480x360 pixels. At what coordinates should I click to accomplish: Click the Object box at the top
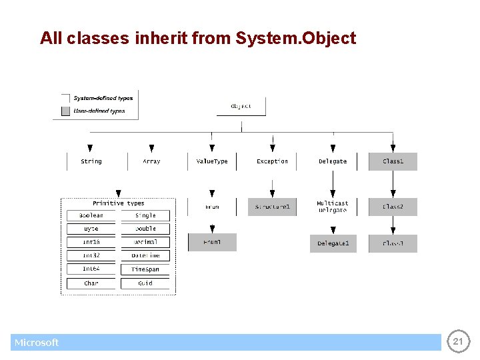click(241, 107)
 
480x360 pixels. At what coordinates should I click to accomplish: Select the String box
click(91, 161)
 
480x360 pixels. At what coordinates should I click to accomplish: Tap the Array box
click(151, 161)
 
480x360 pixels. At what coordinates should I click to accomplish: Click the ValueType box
click(212, 161)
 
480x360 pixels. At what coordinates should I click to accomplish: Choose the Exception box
click(272, 161)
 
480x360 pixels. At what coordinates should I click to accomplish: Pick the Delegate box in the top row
click(332, 161)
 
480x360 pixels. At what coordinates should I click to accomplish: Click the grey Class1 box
click(393, 161)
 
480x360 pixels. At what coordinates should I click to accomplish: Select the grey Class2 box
click(393, 207)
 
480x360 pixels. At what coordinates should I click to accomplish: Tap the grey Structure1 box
click(272, 207)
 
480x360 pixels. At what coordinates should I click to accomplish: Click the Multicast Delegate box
click(332, 207)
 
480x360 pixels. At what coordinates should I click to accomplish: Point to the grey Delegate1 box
click(333, 243)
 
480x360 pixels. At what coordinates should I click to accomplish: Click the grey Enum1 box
click(212, 242)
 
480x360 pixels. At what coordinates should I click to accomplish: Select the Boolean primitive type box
click(91, 215)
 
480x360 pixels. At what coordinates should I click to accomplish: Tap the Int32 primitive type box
click(91, 255)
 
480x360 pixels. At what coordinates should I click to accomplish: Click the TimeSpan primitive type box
click(145, 269)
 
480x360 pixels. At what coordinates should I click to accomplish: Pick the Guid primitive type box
click(145, 283)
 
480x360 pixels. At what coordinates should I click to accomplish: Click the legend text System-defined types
click(103, 98)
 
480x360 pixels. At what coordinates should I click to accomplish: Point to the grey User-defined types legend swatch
click(65, 111)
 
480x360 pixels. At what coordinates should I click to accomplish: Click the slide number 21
click(457, 341)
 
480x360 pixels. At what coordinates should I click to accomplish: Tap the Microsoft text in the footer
click(37, 343)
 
